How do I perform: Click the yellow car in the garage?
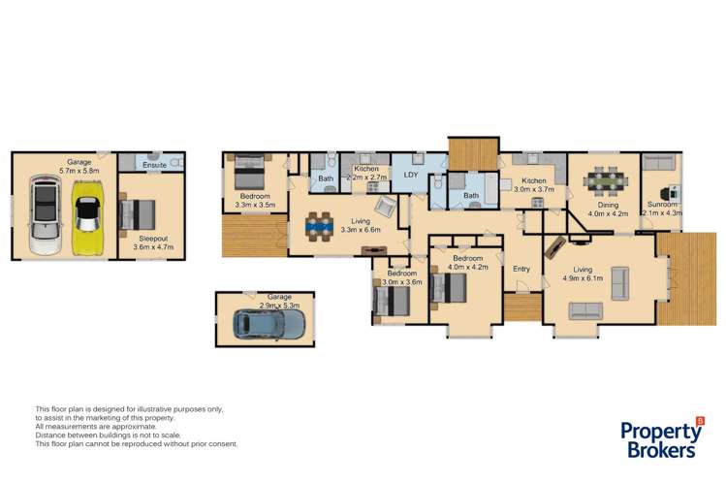coord(87,214)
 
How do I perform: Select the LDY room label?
coord(410,176)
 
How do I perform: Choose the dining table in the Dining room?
coord(604,181)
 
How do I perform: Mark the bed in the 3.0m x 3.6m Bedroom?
coord(390,299)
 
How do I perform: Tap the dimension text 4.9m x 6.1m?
coord(584,278)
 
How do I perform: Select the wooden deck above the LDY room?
coord(472,152)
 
